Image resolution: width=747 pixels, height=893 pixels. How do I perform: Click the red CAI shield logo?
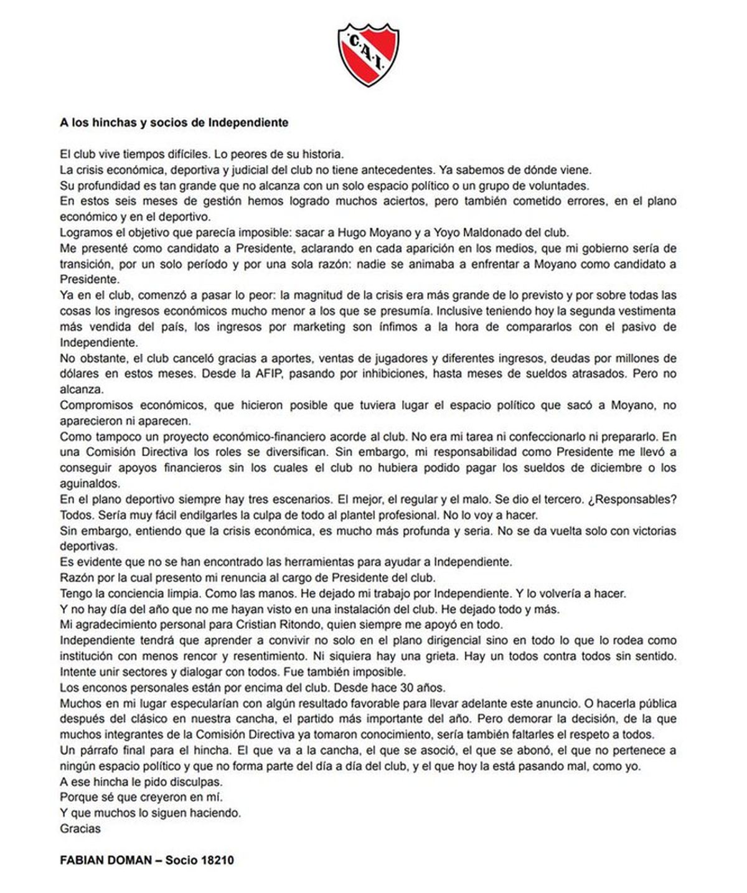tap(369, 55)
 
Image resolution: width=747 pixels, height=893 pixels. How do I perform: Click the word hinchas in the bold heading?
tap(115, 123)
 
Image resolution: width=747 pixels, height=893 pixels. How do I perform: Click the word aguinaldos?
tap(90, 484)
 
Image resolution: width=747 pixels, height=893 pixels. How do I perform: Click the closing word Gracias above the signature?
tap(80, 828)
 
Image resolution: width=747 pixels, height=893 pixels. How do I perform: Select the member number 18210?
tap(217, 860)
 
